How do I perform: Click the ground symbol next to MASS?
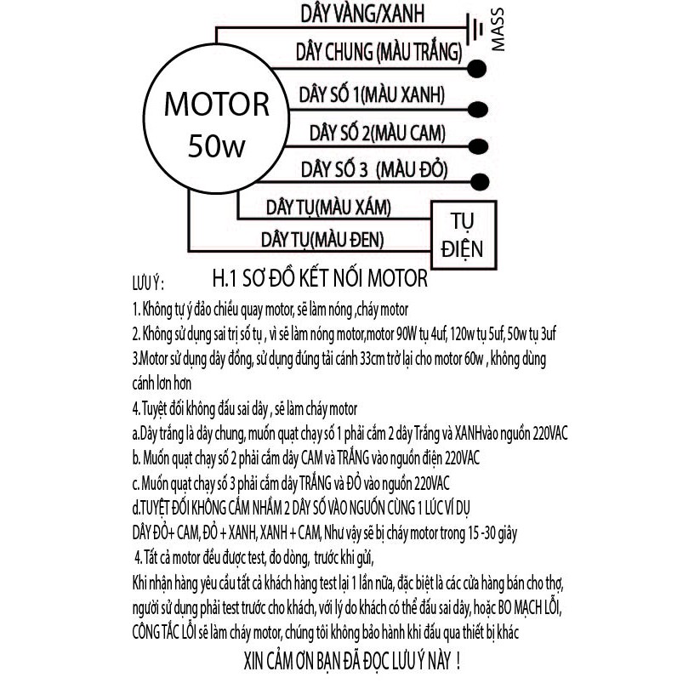point(474,29)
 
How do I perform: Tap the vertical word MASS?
point(498,30)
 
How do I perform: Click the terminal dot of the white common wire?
point(477,69)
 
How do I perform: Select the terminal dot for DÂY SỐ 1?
point(478,110)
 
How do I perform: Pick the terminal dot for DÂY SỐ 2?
point(478,146)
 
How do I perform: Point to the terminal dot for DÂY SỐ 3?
point(480,182)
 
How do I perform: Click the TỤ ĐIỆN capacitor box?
point(464,236)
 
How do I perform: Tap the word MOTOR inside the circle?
point(217,105)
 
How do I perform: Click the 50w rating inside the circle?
point(217,145)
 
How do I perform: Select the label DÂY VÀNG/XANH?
point(362,14)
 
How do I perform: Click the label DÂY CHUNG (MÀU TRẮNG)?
point(379,52)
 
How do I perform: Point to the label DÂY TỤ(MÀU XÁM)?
point(328,208)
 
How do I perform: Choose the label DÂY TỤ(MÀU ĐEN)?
point(322,240)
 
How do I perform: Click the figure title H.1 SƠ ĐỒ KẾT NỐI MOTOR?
point(320,278)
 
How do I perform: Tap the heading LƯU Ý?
point(148,283)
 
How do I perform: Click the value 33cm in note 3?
point(372,359)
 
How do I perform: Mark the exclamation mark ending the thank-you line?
point(458,661)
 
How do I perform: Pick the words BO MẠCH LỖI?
point(529,607)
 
